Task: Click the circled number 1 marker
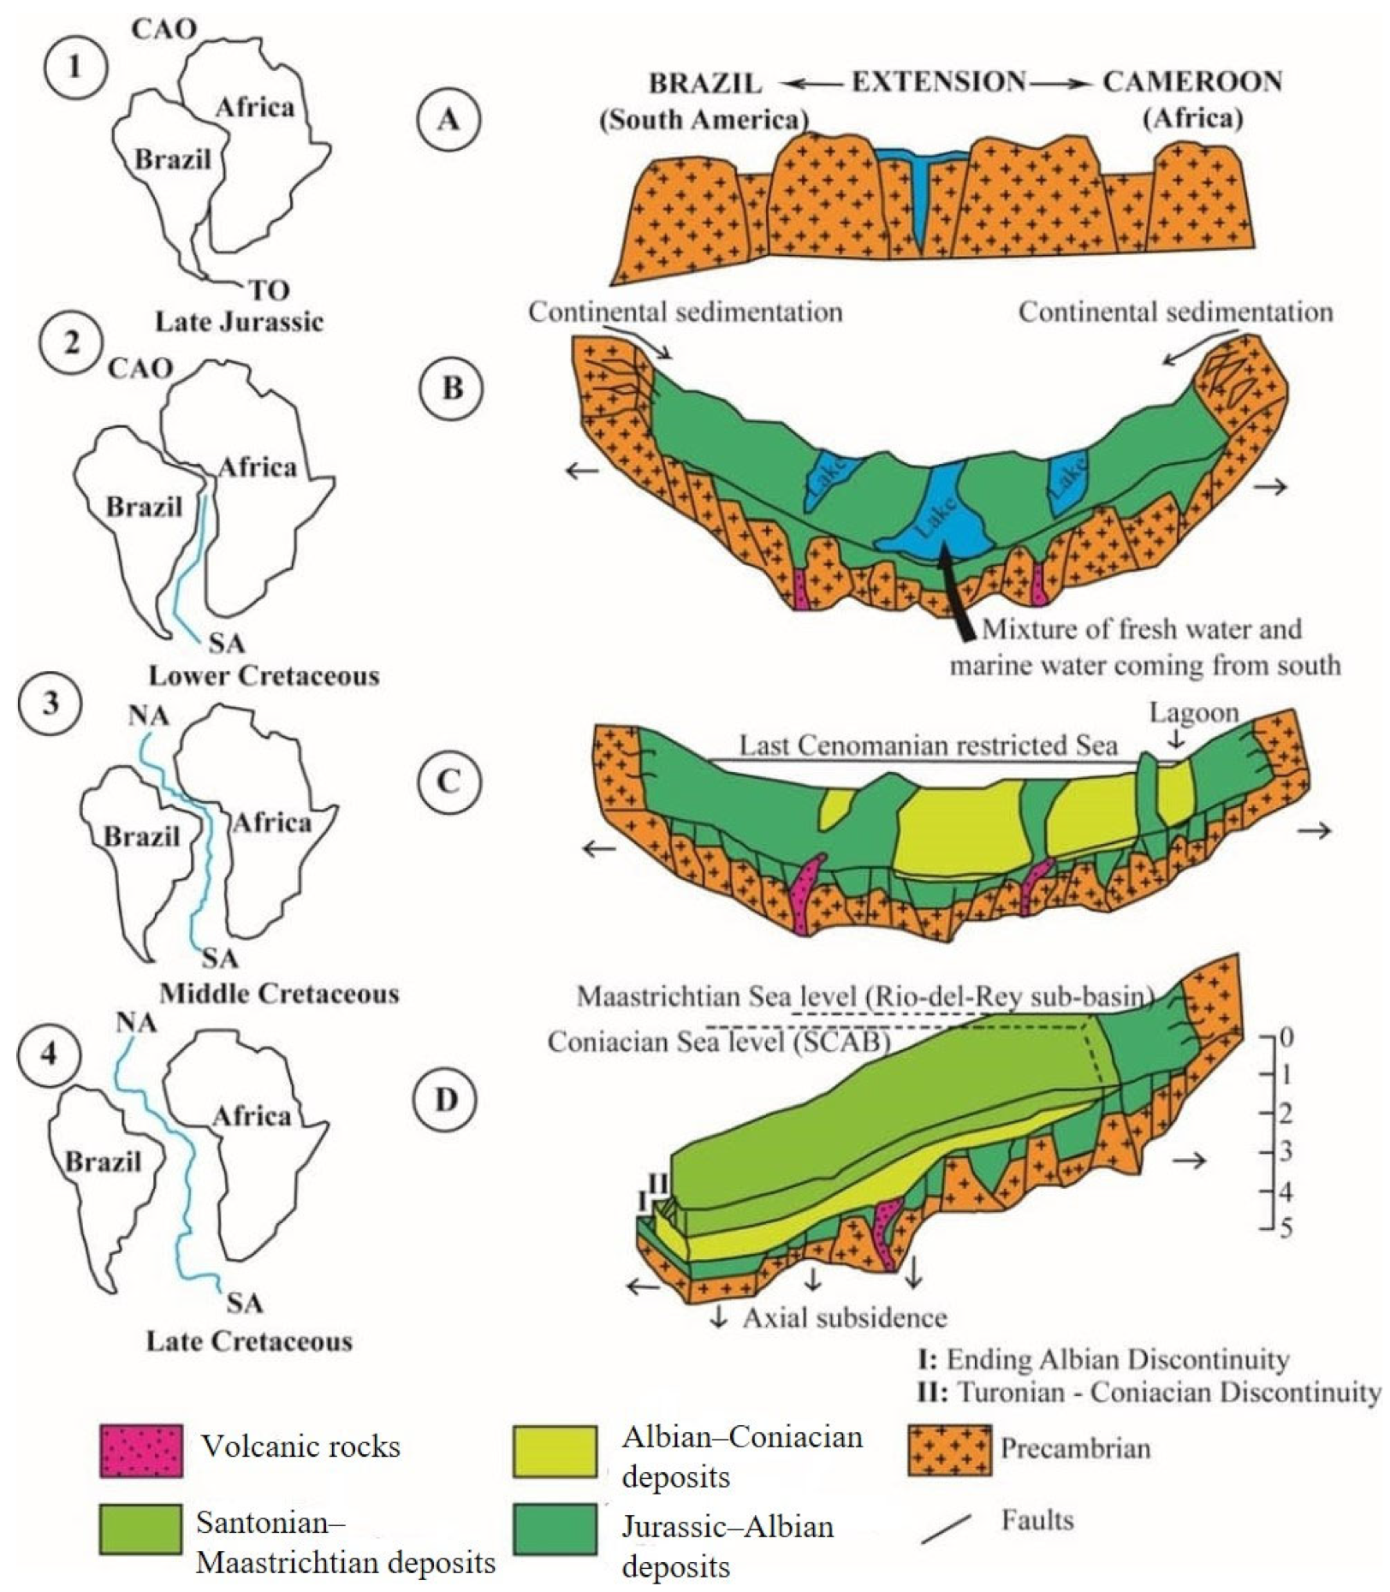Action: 75,67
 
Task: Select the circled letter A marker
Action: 448,120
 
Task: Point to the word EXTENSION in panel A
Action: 937,82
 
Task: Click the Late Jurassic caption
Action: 239,322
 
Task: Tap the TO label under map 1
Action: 269,291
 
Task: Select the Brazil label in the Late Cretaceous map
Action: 103,1161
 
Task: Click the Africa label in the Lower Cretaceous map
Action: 257,467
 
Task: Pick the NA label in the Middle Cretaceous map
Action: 149,715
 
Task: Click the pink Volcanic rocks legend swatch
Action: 140,1450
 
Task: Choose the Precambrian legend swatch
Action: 949,1450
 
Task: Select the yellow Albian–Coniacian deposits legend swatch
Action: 555,1450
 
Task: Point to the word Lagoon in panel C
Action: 1193,713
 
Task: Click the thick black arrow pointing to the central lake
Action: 957,598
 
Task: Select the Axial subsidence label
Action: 844,1317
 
